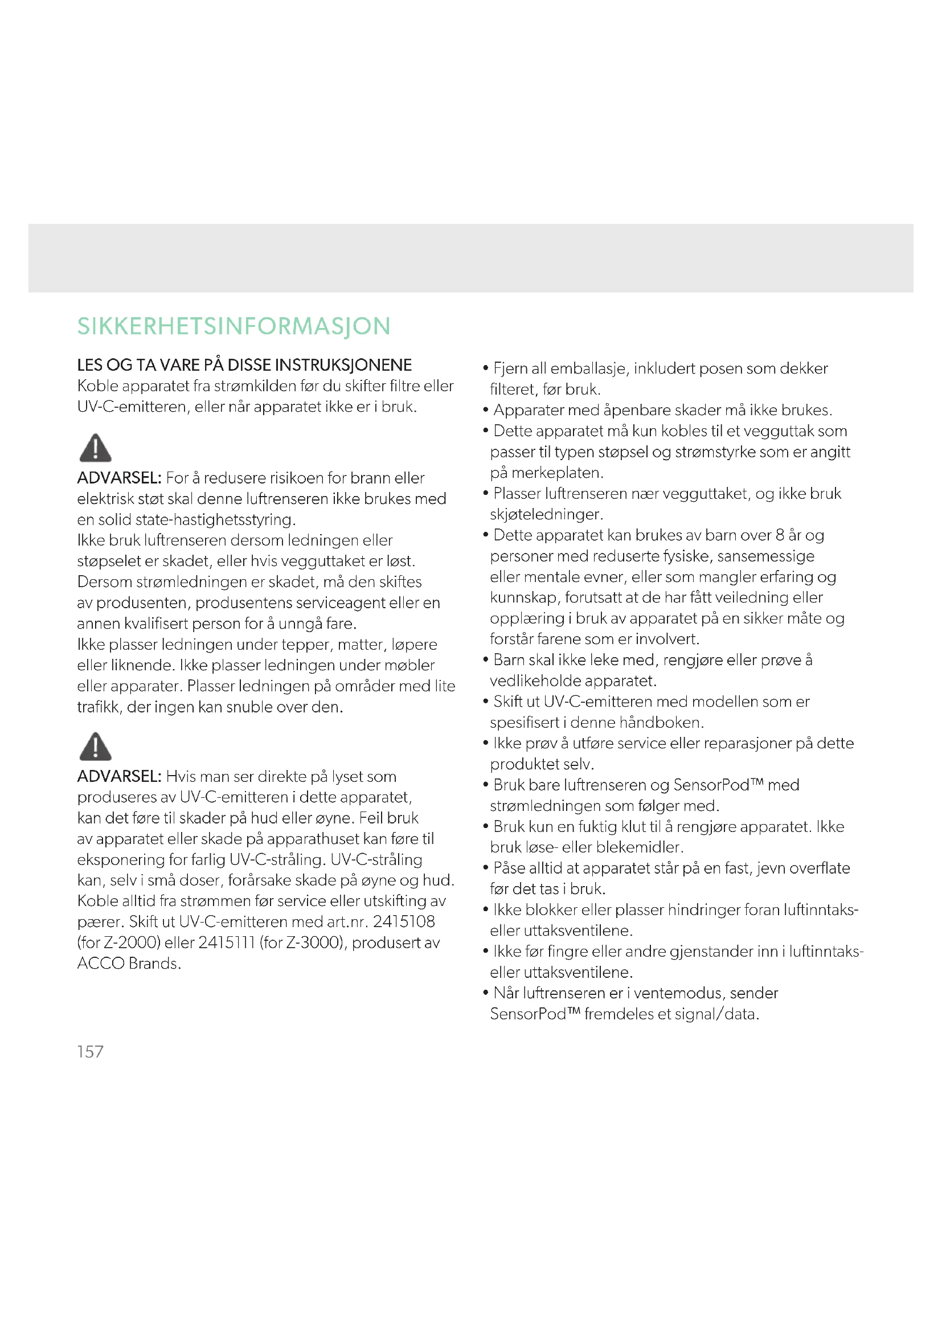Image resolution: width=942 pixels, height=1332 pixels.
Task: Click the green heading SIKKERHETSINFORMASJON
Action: (234, 326)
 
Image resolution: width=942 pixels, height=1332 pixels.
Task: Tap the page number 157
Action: (90, 1052)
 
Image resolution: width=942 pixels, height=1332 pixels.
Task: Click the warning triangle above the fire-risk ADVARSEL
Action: (95, 447)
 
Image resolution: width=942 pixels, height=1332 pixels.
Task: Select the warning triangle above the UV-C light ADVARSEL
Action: (95, 746)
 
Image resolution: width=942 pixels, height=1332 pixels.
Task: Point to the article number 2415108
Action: (404, 922)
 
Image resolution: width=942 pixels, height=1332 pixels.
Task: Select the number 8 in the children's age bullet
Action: (780, 535)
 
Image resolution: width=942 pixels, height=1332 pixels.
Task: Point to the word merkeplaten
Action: (557, 473)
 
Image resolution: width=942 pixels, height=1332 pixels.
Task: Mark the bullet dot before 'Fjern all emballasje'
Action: (485, 368)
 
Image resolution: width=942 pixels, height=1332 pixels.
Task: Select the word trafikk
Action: (97, 707)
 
